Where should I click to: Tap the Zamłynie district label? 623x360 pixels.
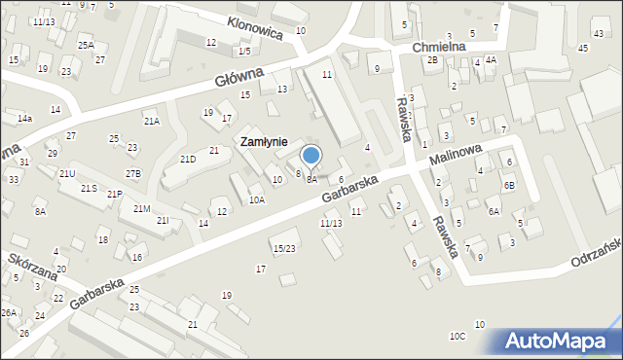(264, 142)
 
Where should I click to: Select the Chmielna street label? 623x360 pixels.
(439, 46)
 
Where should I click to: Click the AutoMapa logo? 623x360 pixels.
(561, 342)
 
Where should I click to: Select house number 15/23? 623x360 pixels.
(284, 248)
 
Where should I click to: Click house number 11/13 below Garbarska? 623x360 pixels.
(331, 223)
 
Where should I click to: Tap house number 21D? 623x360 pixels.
(188, 159)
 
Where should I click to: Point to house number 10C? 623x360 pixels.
(458, 336)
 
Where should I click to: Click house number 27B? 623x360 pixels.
(133, 173)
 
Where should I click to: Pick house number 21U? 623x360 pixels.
(67, 173)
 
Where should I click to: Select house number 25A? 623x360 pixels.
(86, 45)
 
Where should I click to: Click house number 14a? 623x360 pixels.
(24, 118)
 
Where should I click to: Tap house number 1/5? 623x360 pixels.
(244, 51)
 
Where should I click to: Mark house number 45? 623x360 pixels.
(583, 48)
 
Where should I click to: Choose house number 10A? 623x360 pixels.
(256, 199)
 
